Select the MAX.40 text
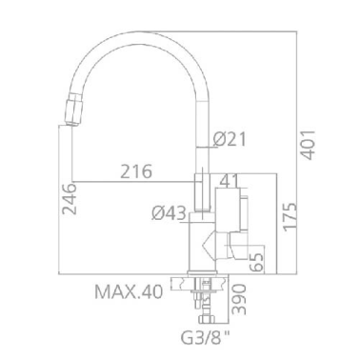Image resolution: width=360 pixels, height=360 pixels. [x=129, y=290]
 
